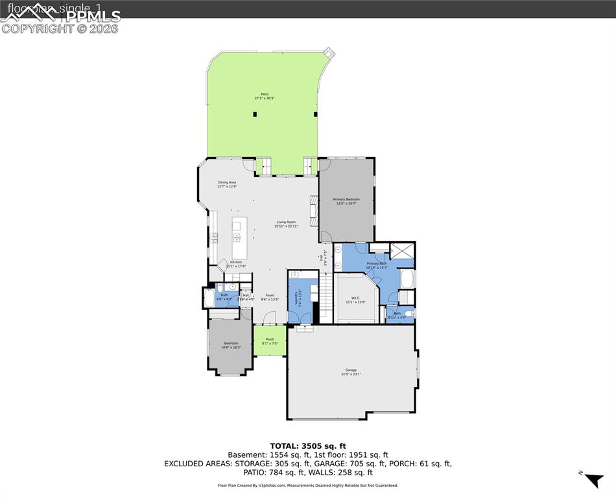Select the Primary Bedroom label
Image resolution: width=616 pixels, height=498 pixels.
(346, 199)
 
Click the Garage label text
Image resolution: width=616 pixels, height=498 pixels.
(351, 370)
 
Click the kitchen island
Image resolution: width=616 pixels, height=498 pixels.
(237, 237)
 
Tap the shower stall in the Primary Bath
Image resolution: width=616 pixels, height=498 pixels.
(401, 251)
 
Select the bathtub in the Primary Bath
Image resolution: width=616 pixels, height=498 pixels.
(408, 279)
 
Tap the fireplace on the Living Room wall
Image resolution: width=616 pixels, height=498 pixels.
(314, 210)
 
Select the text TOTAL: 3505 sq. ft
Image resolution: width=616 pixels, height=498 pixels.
(308, 446)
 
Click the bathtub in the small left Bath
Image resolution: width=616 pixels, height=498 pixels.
(208, 298)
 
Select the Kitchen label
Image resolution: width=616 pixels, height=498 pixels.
(235, 262)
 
